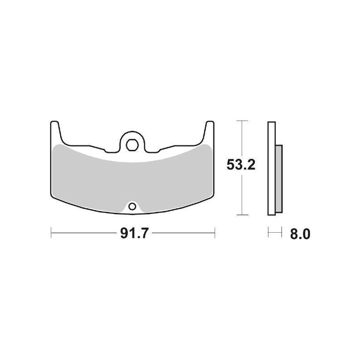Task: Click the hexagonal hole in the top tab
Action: coord(132,144)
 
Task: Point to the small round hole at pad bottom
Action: coord(132,207)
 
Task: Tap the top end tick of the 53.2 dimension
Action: coord(243,121)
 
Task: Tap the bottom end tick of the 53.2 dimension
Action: coord(243,215)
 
